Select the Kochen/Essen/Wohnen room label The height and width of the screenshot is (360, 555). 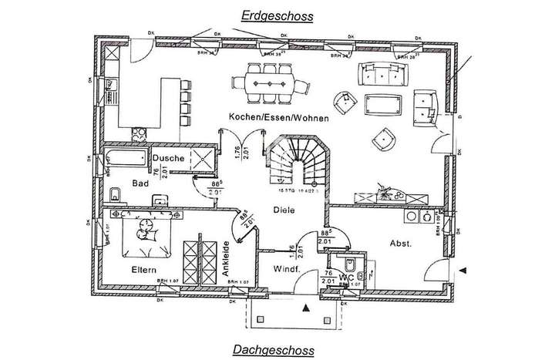coord(278,118)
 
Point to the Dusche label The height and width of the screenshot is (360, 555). coord(167,158)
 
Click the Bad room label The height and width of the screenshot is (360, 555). coord(140,183)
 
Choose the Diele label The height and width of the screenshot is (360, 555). coord(284,209)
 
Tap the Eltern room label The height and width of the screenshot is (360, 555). coord(144,268)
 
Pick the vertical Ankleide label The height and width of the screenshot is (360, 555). coord(227,261)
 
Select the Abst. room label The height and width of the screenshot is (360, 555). coord(400,244)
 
